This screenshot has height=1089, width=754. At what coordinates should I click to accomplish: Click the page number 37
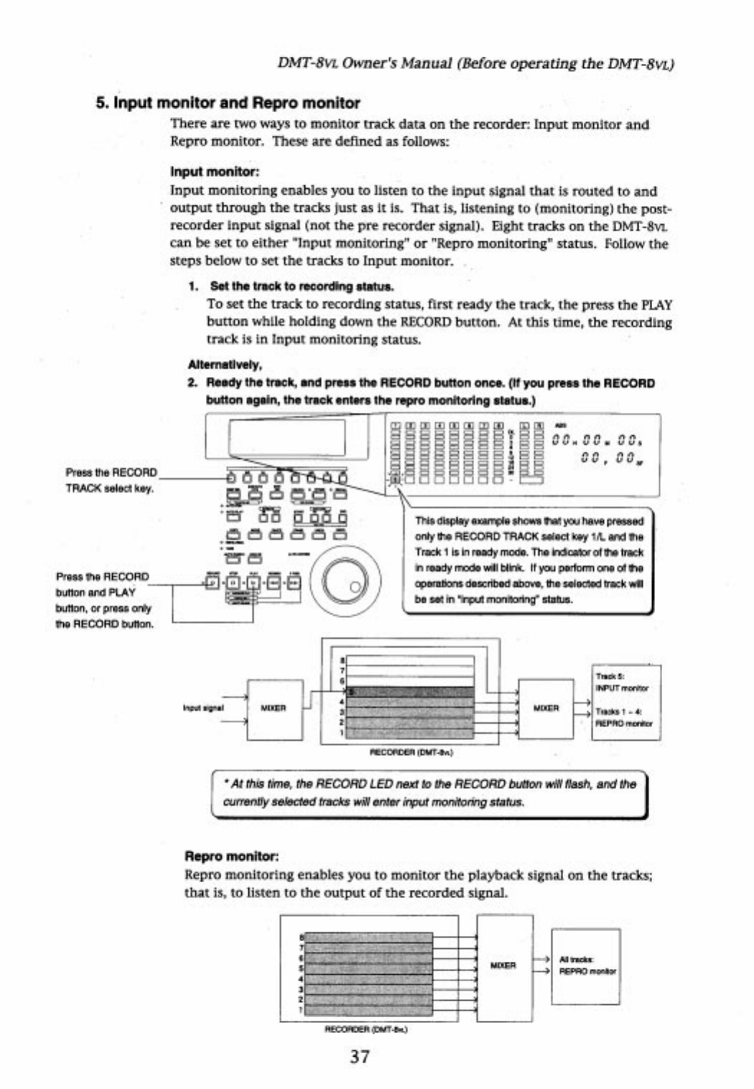click(360, 1056)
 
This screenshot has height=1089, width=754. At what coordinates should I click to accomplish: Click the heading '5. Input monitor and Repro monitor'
click(228, 103)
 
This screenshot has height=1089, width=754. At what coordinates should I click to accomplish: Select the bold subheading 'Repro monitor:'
click(231, 856)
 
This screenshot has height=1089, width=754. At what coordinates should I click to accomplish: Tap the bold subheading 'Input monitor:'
click(215, 172)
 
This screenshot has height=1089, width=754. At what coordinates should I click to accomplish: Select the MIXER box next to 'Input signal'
click(275, 709)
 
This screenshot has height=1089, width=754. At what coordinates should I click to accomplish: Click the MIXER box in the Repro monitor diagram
click(504, 966)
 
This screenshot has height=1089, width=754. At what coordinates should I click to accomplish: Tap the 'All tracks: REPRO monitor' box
click(585, 966)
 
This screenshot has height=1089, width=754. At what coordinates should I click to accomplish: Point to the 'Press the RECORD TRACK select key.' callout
click(110, 480)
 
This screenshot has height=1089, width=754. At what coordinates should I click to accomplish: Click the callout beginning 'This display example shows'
click(529, 560)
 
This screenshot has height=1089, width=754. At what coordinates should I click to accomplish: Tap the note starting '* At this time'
click(430, 793)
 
